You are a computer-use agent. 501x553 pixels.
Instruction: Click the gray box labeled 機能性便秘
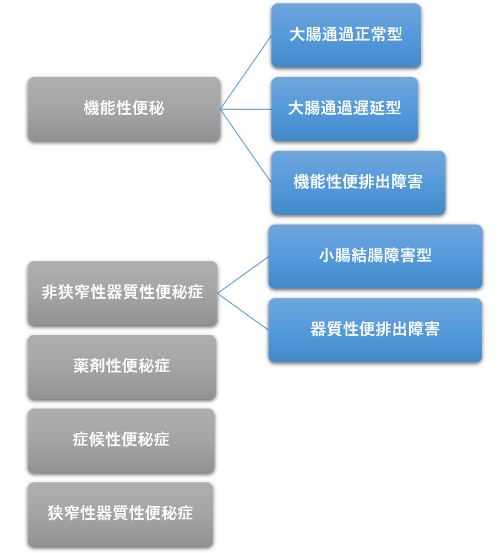(x=124, y=109)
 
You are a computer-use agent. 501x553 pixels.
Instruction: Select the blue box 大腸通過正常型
(x=346, y=35)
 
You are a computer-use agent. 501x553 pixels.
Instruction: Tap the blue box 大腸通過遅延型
(x=345, y=109)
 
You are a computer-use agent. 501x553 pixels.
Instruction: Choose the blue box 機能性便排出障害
(x=358, y=182)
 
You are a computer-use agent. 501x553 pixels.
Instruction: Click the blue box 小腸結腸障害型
(x=375, y=256)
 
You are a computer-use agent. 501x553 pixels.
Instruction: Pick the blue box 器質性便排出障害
(x=375, y=330)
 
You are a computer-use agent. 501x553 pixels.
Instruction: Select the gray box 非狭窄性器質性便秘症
(x=122, y=293)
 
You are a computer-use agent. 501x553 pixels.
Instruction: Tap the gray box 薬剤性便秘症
(x=122, y=366)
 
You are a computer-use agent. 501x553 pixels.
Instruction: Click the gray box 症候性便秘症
(x=121, y=440)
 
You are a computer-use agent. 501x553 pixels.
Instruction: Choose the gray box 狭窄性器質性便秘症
(x=120, y=514)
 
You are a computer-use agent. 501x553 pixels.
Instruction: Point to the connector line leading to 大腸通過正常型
(x=246, y=72)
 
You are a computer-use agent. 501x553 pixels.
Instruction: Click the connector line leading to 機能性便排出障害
(x=246, y=145)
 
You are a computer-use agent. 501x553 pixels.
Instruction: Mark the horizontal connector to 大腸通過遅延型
(x=246, y=109)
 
